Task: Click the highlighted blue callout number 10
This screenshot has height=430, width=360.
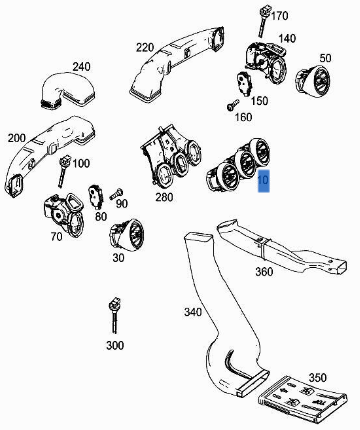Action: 263,180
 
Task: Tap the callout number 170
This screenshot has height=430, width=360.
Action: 279,16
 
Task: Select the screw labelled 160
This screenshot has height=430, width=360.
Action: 233,105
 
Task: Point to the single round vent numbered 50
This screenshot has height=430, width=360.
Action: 313,81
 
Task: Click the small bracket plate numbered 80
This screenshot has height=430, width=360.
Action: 96,194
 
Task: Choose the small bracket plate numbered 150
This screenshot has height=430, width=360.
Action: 246,84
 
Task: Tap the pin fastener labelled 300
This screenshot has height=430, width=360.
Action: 114,315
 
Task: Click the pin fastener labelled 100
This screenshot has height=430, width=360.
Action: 63,171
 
